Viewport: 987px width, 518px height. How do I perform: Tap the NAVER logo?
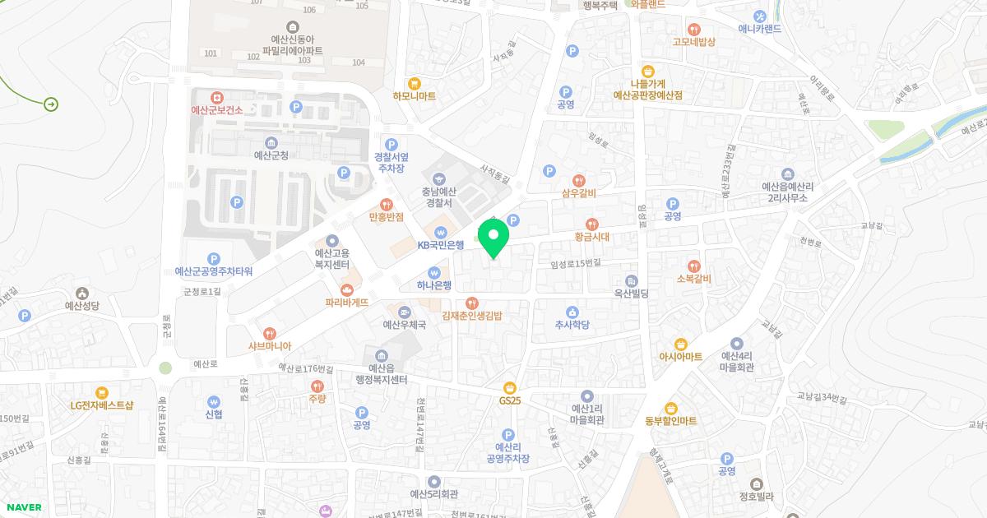tap(23, 507)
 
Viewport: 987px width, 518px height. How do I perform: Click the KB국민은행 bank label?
tap(441, 244)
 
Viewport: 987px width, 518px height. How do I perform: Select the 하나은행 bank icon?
tap(434, 272)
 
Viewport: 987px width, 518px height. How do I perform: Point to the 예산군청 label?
tap(271, 155)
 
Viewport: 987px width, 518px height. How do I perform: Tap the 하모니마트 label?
tap(414, 96)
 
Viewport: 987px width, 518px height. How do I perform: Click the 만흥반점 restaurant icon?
tap(385, 204)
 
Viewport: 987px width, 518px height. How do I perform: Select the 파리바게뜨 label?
tap(346, 303)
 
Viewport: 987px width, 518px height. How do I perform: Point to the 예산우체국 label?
tap(405, 325)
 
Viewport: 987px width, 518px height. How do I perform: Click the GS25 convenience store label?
tap(511, 400)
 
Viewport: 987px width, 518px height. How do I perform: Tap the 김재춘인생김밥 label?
tap(471, 315)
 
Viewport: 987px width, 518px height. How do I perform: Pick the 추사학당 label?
tap(572, 324)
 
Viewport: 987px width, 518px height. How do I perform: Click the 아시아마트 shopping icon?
tap(680, 344)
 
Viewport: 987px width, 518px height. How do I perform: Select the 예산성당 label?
tap(82, 306)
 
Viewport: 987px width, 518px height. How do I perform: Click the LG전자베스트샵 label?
tap(101, 405)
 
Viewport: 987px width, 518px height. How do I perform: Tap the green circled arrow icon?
tap(51, 104)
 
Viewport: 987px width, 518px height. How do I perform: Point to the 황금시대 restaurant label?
tap(591, 236)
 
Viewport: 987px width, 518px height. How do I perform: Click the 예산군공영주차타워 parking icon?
tap(214, 258)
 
